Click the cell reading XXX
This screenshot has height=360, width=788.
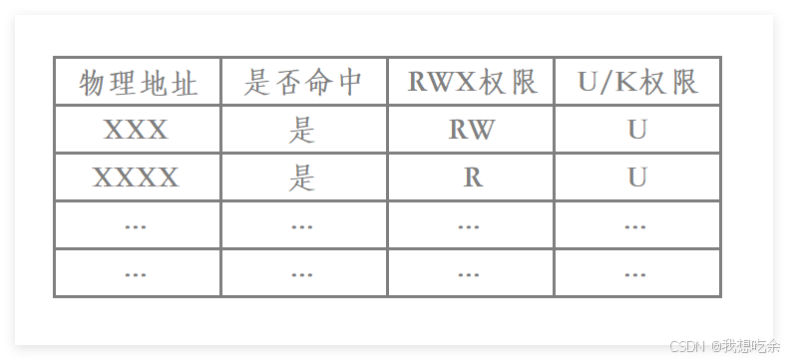pos(137,130)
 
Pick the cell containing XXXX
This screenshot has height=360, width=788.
pos(137,178)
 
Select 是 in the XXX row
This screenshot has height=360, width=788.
pos(302,130)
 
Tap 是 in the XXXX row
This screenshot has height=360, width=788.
pos(302,178)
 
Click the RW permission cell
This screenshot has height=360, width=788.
pos(472,130)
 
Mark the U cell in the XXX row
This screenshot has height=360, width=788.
pos(637,130)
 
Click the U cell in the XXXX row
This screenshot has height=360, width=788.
pos(637,178)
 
